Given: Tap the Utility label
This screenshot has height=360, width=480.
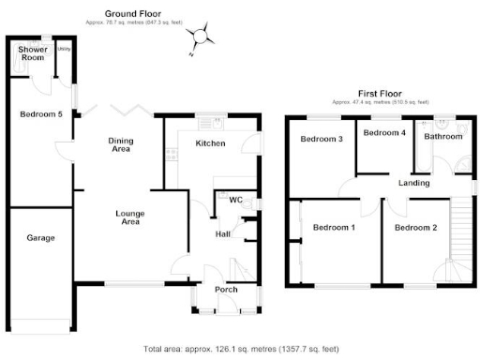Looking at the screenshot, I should tap(64, 48).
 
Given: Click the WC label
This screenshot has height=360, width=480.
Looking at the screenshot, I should tap(223, 199).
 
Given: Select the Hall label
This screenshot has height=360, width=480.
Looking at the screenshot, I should tap(223, 234).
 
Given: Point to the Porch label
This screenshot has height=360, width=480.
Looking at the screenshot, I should tap(226, 289).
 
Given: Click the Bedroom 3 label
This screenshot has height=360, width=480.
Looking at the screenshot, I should tap(321, 140).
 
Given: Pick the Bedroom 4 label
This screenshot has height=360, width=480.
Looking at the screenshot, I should tap(384, 133).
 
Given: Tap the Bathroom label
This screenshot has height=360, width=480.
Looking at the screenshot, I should tap(443, 137).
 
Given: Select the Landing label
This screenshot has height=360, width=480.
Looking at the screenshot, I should tap(413, 183).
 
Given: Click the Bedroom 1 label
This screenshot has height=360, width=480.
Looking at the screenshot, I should tap(334, 228).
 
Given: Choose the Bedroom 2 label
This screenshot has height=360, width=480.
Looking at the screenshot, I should tap(415, 228).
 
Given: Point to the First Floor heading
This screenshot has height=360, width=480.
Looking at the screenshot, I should tap(381, 94).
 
